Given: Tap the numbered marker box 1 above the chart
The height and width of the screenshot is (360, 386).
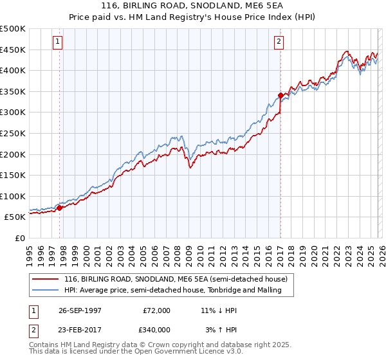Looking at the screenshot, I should [x=57, y=42].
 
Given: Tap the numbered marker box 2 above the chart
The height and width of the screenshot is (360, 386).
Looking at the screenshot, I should [x=279, y=42].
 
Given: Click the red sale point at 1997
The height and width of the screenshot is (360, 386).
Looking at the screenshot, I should [x=60, y=208].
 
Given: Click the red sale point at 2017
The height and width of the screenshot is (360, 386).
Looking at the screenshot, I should [x=280, y=96].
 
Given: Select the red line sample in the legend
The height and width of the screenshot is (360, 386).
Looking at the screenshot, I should [x=45, y=279].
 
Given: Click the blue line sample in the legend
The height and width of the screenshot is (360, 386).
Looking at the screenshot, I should [x=45, y=290].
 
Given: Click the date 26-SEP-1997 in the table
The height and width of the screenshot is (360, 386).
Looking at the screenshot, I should [x=80, y=310].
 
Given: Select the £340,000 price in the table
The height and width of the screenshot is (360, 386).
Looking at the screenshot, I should [x=157, y=330].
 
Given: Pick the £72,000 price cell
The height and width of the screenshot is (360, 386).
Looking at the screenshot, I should [x=157, y=310].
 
